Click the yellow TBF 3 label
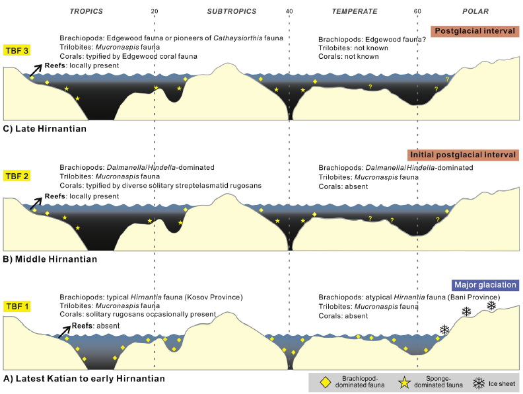tap(17, 50)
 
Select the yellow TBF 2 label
tap(17, 176)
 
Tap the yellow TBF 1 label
tap(17, 306)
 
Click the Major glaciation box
tap(485, 285)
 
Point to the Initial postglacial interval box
tap(463, 155)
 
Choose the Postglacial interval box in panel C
tap(475, 31)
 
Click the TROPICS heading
tap(87, 11)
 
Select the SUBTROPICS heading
tap(232, 11)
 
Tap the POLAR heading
tap(475, 11)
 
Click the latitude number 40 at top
tap(289, 11)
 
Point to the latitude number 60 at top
tap(417, 11)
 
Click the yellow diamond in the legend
tap(325, 383)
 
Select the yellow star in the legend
tap(404, 383)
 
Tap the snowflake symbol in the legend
tap(479, 383)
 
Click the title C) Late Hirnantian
tap(45, 129)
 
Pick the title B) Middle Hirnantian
tap(50, 259)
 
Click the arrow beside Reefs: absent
tap(64, 332)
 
